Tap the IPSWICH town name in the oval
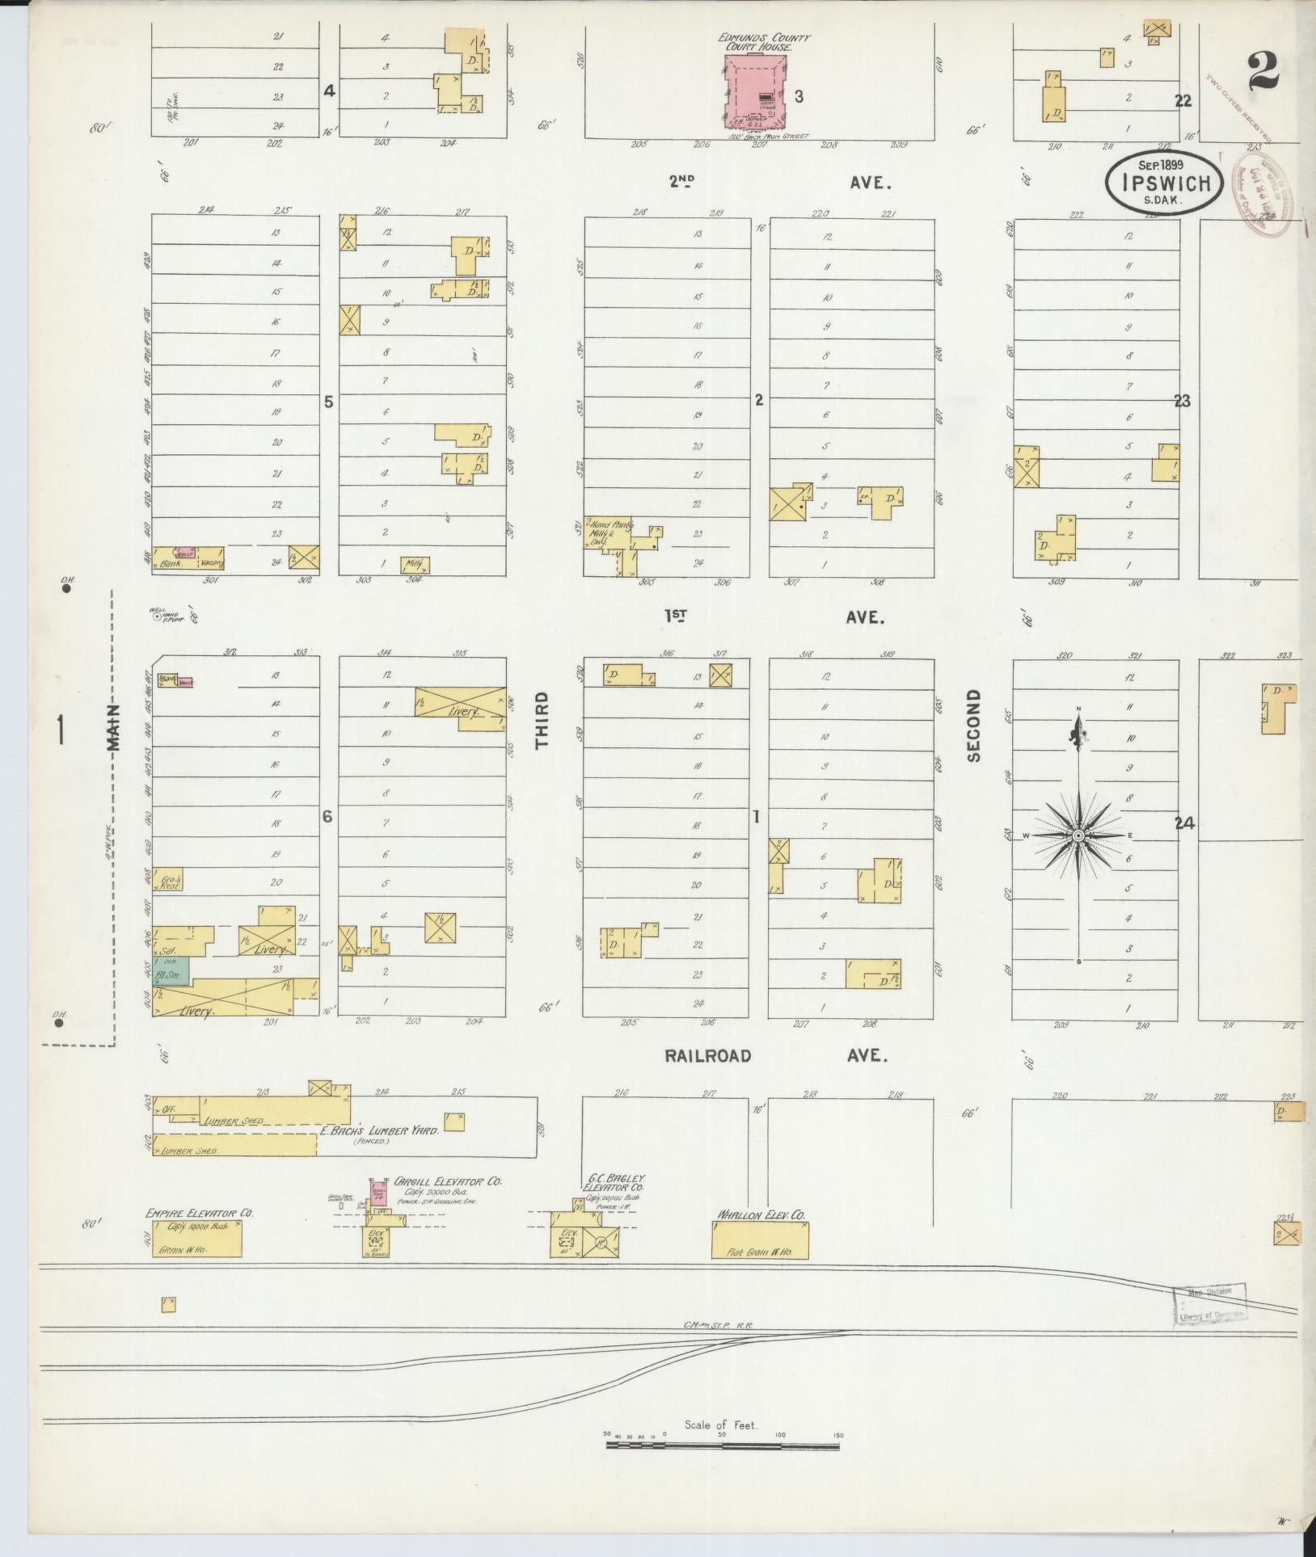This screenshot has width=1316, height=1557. [x=1165, y=183]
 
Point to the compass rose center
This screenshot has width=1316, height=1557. [x=1078, y=835]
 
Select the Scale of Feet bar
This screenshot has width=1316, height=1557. [x=723, y=1442]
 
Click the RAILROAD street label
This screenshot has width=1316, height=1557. [x=708, y=1055]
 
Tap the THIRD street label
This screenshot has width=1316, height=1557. [x=542, y=719]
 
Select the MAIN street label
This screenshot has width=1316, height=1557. [x=113, y=726]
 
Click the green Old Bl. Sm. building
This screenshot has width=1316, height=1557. [x=171, y=969]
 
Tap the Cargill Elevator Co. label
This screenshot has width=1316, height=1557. [x=448, y=1181]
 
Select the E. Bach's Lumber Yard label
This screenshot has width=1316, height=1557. [x=379, y=1131]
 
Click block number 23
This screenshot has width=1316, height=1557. [x=1182, y=401]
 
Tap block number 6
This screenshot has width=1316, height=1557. [x=327, y=817]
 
